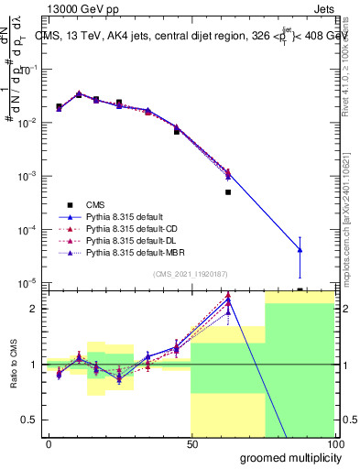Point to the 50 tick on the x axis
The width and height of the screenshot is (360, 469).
191,444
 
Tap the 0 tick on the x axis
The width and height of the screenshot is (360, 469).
49,444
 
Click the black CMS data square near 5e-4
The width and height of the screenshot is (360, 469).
228,192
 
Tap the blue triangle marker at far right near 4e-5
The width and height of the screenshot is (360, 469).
300,249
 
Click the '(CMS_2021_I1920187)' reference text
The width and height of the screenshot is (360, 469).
190,274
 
